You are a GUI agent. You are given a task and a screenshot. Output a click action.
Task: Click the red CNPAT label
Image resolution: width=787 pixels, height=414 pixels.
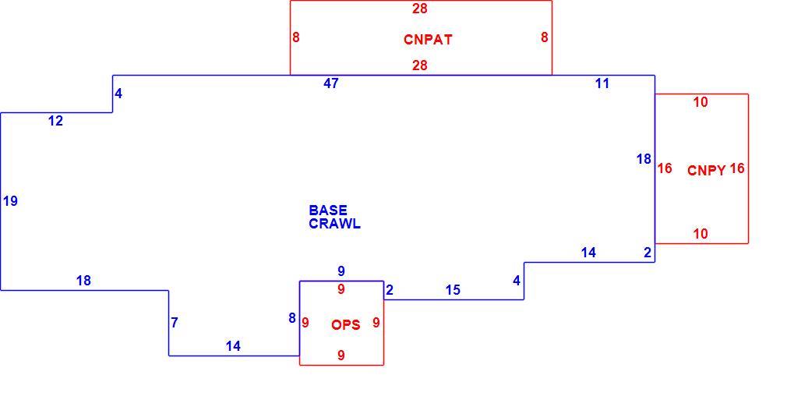coord(428,39)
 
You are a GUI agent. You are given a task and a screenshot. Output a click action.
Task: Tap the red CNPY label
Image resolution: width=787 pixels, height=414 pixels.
coord(706,170)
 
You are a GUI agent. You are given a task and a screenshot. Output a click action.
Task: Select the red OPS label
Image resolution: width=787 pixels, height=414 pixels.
coord(346,324)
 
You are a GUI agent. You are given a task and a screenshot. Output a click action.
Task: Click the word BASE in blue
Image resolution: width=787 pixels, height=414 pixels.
coord(328,210)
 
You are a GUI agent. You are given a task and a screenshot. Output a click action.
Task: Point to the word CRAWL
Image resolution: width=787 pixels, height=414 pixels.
coord(334,224)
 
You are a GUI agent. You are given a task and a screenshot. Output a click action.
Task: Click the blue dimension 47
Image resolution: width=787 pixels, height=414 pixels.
coord(330,83)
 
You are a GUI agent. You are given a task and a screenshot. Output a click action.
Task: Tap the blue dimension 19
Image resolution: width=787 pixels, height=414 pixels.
coord(10,201)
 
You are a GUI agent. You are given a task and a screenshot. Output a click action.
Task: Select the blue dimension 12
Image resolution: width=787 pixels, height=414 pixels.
coord(55,121)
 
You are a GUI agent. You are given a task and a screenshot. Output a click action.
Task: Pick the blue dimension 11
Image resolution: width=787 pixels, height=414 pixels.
coord(602,83)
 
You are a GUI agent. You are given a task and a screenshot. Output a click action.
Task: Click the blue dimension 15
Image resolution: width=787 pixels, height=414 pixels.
coord(453,290)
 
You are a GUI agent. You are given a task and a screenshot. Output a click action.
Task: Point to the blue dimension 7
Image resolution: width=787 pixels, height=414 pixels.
coord(175,323)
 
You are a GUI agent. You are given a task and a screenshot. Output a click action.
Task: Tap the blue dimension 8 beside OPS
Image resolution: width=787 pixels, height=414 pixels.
coord(292,317)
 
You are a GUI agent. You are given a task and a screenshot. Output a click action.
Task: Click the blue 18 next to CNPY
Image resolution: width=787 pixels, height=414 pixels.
coord(644,159)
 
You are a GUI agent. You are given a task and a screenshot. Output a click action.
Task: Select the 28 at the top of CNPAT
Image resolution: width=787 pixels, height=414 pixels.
coord(419,9)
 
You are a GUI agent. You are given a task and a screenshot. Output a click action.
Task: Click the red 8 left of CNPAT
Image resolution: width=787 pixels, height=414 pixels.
coord(296,37)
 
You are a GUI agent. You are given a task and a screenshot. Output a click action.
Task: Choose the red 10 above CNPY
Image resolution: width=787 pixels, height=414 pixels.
coord(701,102)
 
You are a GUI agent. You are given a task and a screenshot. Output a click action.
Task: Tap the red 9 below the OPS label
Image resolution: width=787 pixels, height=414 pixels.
coord(341,356)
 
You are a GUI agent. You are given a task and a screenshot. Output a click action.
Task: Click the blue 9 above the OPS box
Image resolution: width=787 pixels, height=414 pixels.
coord(341,271)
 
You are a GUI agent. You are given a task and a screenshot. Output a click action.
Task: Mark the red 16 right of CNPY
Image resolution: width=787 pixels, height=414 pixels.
coord(737,168)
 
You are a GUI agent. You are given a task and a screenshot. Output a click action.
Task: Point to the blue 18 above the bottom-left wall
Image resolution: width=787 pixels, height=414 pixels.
coord(83,281)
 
